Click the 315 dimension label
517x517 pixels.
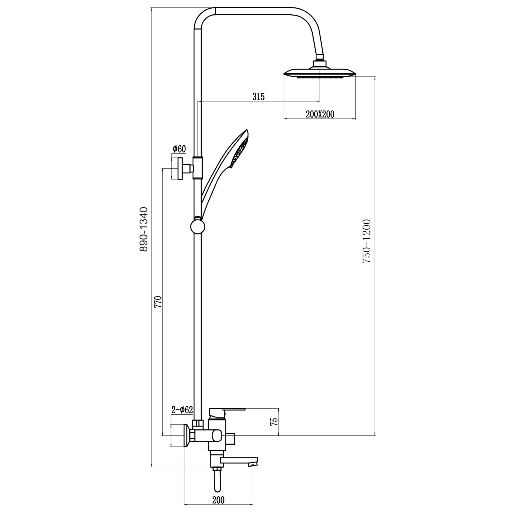[258, 96]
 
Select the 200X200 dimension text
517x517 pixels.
[320, 114]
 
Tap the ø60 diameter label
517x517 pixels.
[179, 149]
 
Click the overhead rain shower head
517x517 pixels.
[320, 73]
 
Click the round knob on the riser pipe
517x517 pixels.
[197, 227]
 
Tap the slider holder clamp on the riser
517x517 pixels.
[197, 167]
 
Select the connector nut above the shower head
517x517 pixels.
[320, 64]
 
